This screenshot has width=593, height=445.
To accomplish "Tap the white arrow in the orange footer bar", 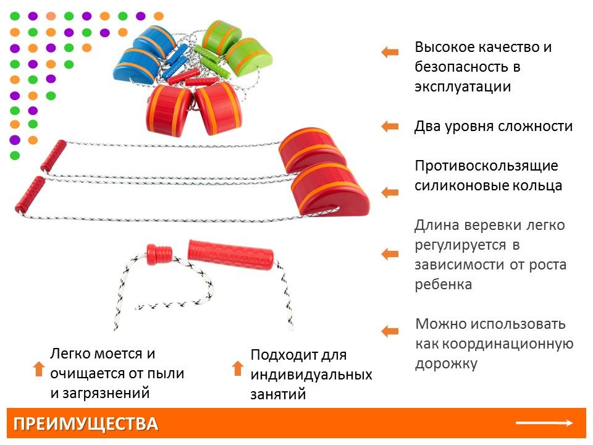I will click(544, 423).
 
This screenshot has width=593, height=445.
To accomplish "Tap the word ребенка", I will click(443, 284).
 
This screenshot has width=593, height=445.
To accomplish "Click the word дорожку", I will click(445, 363).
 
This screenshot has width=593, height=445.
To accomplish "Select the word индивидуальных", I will click(311, 375).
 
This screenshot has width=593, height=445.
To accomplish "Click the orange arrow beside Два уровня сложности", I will click(390, 127).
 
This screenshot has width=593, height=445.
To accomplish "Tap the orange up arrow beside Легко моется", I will click(38, 369).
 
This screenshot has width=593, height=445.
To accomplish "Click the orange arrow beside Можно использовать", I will click(390, 331).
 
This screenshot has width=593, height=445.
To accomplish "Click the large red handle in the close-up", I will click(230, 254).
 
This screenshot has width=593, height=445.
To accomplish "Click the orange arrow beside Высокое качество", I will click(390, 53).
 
